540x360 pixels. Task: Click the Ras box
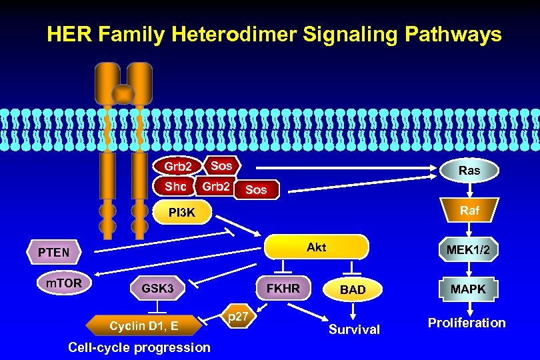click(x=469, y=171)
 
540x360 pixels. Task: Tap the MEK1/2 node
click(x=469, y=249)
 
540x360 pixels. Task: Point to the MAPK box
click(x=469, y=289)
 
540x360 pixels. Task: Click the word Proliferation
click(x=467, y=323)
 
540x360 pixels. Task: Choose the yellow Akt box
click(x=317, y=247)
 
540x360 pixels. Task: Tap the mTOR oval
click(x=64, y=283)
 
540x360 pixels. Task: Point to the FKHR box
click(x=283, y=289)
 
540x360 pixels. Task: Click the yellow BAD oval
click(x=353, y=289)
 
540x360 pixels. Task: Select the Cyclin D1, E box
click(x=144, y=325)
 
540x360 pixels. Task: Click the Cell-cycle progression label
click(x=139, y=347)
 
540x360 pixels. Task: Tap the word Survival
click(x=354, y=329)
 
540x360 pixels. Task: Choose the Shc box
click(x=176, y=187)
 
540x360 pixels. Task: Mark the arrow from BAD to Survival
click(x=353, y=311)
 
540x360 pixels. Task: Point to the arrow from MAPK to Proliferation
click(x=469, y=307)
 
